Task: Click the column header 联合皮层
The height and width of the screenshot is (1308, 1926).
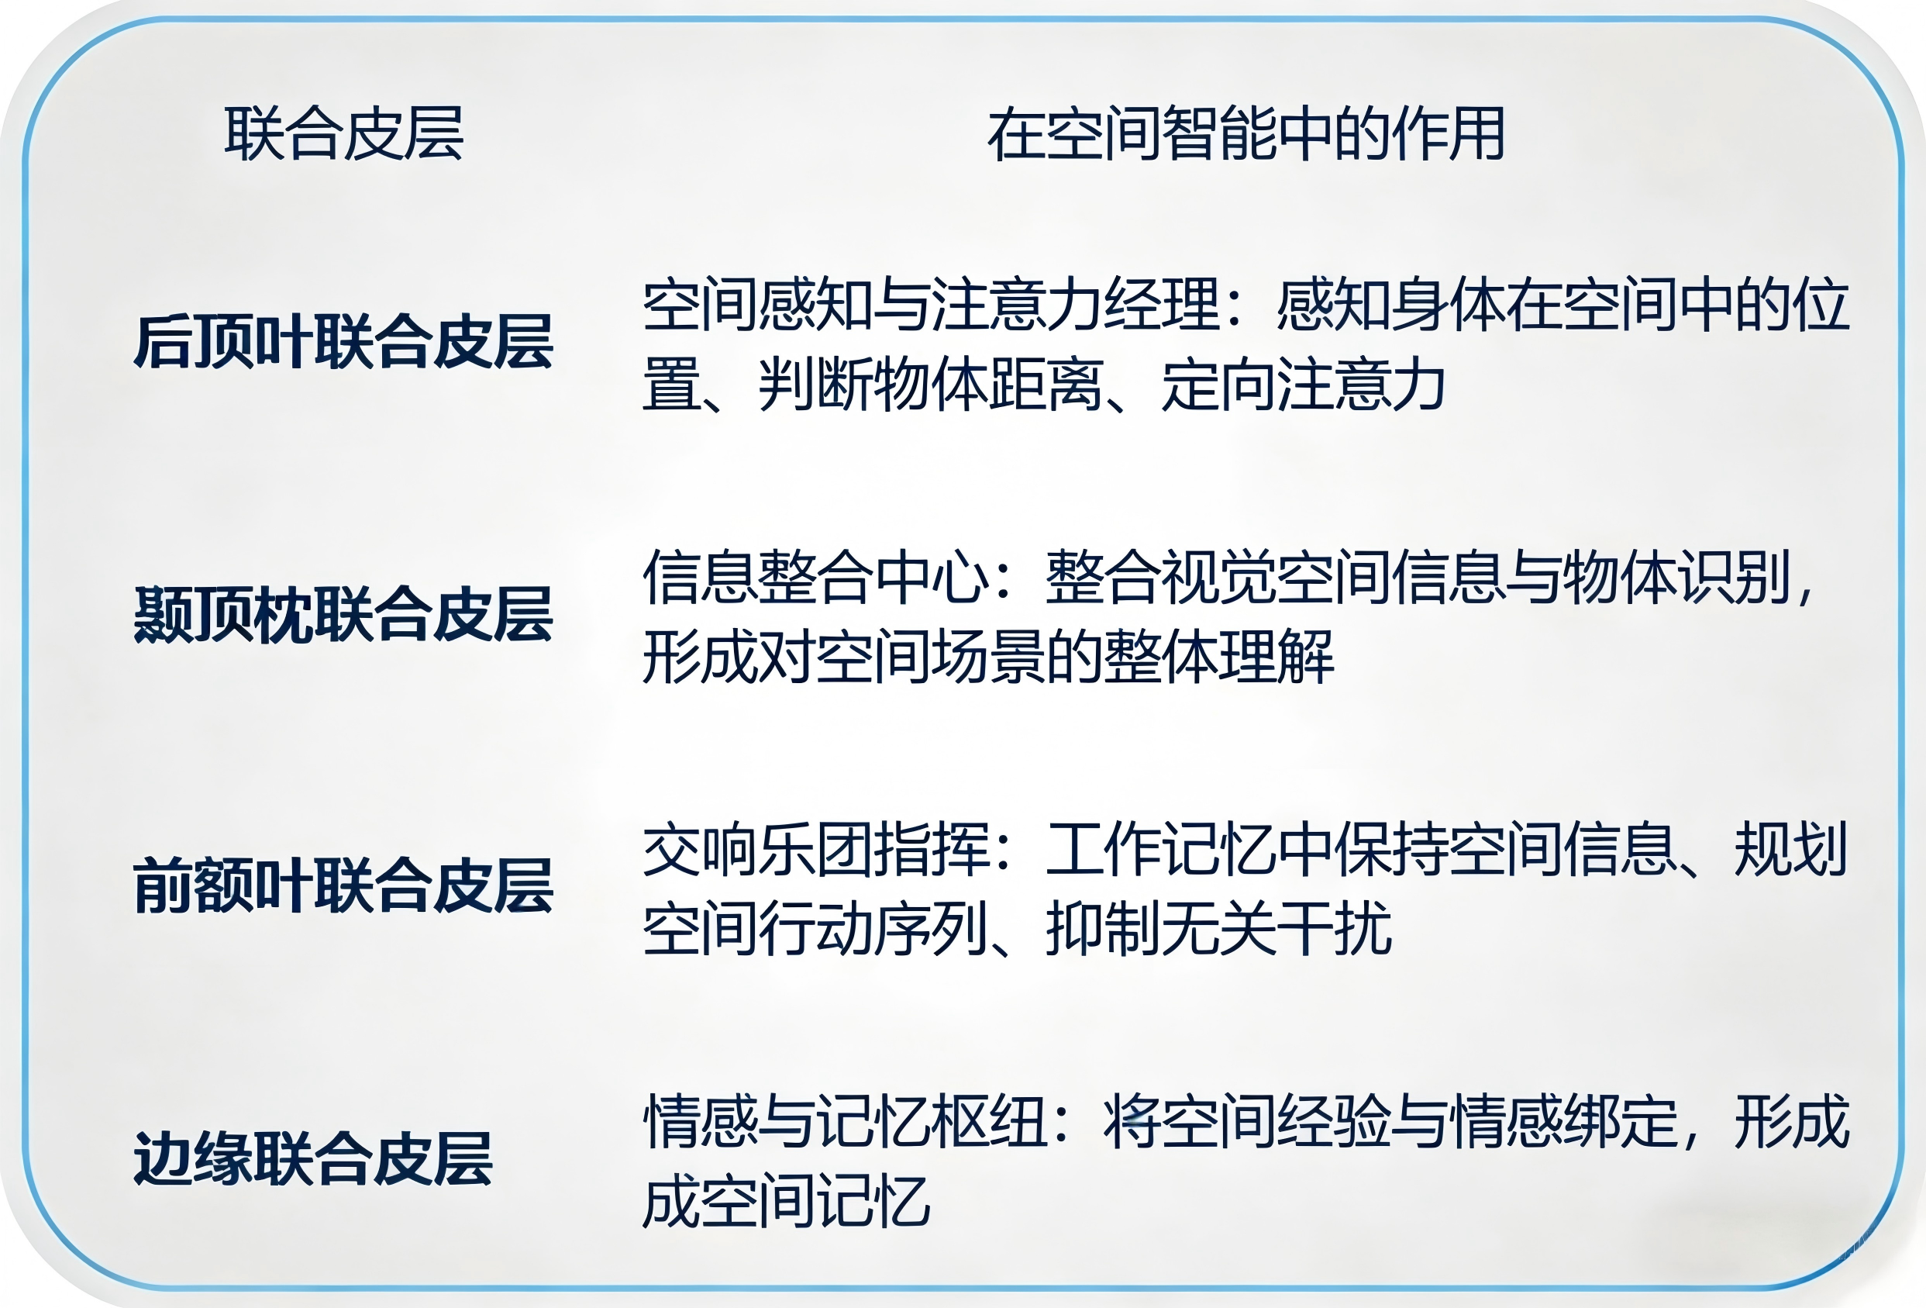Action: [x=344, y=133]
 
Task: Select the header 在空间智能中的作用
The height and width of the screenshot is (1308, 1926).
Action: [x=1246, y=133]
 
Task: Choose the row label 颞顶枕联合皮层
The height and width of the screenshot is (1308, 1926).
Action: [x=344, y=614]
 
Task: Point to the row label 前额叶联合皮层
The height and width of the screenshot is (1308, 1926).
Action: [x=344, y=886]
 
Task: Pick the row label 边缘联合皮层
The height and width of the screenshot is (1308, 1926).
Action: [x=313, y=1158]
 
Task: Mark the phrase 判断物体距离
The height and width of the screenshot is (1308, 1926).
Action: [x=931, y=385]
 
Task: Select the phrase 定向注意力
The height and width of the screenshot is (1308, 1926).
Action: [x=1304, y=385]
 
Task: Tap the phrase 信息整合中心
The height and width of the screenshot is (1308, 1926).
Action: [x=815, y=577]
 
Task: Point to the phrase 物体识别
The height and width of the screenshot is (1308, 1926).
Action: [x=1676, y=577]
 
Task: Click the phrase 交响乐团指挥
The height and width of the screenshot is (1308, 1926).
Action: [x=815, y=849]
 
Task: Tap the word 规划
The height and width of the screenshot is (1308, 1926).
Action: [x=1791, y=849]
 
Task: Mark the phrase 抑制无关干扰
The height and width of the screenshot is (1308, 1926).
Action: [x=1218, y=928]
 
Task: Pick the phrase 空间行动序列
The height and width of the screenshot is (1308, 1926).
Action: [x=815, y=928]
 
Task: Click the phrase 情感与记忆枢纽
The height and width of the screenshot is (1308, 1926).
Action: [x=845, y=1120]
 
